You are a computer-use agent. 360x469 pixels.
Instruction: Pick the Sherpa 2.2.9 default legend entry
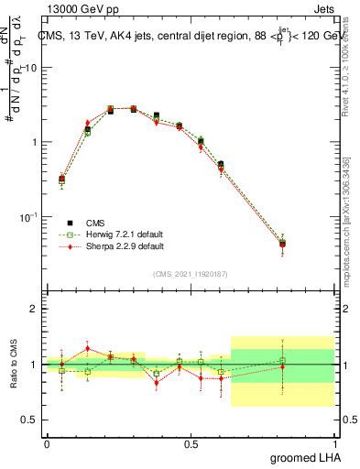[x=113, y=245]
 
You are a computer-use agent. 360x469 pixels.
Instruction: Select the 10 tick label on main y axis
[x=32, y=68]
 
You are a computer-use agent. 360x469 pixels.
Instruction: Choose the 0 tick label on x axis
[x=47, y=443]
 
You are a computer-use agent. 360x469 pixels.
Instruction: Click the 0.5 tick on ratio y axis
[x=30, y=420]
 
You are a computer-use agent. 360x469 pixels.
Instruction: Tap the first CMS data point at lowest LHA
[x=61, y=180]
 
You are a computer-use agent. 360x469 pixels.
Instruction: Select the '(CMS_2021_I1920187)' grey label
[x=190, y=274]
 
